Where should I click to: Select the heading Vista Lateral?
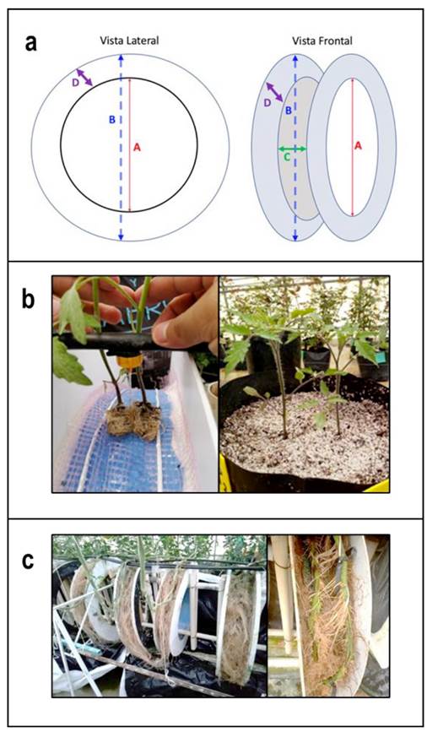129,41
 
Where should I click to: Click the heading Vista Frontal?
322,41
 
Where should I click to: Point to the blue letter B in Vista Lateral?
112,120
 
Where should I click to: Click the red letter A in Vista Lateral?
137,147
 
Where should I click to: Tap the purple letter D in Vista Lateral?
76,83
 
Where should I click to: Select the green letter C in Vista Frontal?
287,157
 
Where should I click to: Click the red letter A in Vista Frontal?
358,146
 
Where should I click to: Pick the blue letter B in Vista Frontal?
289,111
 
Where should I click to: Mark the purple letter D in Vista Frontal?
267,103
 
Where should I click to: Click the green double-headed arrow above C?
292,149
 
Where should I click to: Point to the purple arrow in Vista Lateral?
84,77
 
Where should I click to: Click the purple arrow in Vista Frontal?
274,92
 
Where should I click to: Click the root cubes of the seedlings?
133,421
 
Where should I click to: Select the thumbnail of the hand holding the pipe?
135,384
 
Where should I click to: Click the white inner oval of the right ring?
351,147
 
